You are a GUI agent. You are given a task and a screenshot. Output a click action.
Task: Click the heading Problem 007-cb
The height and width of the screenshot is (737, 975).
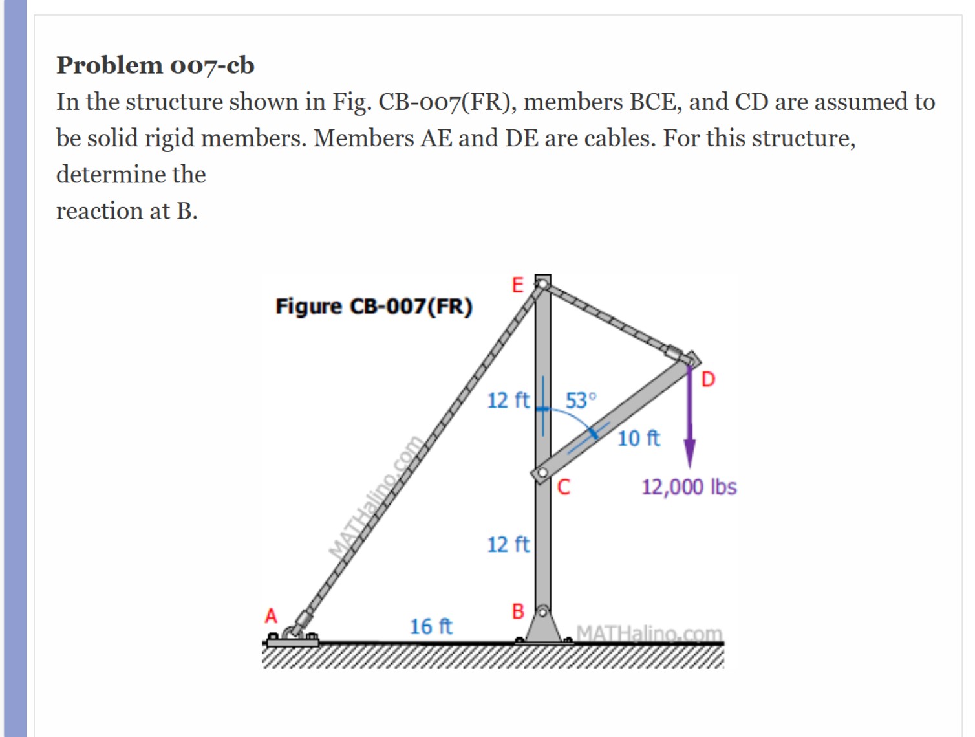pyautogui.click(x=155, y=65)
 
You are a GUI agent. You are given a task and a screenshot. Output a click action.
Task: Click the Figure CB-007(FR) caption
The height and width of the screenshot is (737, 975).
pyautogui.click(x=374, y=306)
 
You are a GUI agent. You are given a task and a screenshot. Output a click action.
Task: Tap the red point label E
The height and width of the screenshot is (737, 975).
pyautogui.click(x=517, y=285)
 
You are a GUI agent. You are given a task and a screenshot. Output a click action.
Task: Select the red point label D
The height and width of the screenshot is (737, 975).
pyautogui.click(x=708, y=379)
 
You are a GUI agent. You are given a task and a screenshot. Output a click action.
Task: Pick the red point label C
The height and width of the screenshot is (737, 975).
pyautogui.click(x=564, y=487)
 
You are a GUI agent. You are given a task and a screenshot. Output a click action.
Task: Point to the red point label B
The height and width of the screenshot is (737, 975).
pyautogui.click(x=518, y=611)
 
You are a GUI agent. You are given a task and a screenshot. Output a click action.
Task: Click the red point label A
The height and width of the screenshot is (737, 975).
pyautogui.click(x=271, y=615)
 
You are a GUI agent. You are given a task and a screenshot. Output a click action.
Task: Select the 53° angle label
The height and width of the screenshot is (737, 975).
pyautogui.click(x=581, y=401)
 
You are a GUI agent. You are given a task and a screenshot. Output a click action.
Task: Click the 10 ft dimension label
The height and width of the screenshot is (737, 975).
pyautogui.click(x=638, y=439)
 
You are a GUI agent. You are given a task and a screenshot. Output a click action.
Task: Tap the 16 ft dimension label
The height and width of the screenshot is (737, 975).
pyautogui.click(x=431, y=626)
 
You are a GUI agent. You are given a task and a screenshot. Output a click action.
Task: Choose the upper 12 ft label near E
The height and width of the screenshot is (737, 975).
pyautogui.click(x=508, y=401)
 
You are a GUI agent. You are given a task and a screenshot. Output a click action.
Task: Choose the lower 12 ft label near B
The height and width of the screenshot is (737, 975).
pyautogui.click(x=508, y=545)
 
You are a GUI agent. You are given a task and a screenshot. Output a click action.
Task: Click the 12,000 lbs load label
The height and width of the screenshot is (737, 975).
pyautogui.click(x=689, y=487)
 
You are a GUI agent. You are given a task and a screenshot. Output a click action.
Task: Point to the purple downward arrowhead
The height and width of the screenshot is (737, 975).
pyautogui.click(x=690, y=452)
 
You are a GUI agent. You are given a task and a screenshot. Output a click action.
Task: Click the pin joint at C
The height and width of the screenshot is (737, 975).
pyautogui.click(x=542, y=474)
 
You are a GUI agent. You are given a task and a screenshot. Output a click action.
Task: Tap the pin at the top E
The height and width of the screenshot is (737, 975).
pyautogui.click(x=542, y=283)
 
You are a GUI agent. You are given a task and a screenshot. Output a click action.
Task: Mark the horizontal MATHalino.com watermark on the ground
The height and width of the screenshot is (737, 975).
pyautogui.click(x=649, y=633)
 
